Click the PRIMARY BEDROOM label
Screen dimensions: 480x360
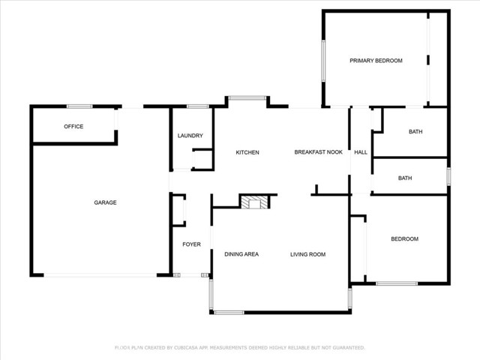(x=376, y=61)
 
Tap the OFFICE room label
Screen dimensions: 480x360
(x=73, y=127)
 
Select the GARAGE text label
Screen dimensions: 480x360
(x=105, y=202)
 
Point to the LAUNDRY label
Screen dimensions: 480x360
(x=190, y=136)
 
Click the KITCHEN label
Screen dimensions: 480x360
(x=247, y=152)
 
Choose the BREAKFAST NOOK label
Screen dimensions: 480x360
(x=318, y=152)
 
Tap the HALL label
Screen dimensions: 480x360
(x=361, y=152)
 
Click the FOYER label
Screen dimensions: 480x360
(x=192, y=244)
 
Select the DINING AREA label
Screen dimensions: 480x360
(x=241, y=254)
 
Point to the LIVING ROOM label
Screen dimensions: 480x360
(x=308, y=254)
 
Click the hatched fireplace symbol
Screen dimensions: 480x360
(x=254, y=202)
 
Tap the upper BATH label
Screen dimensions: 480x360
(x=415, y=132)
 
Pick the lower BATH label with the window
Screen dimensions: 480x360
(x=405, y=178)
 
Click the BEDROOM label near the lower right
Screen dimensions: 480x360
(x=405, y=238)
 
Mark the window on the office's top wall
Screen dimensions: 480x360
(x=79, y=106)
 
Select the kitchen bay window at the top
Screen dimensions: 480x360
(x=247, y=98)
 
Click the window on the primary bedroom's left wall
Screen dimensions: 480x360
(x=323, y=61)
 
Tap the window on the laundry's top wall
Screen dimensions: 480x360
(x=198, y=106)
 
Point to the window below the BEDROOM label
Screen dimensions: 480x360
(x=397, y=283)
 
